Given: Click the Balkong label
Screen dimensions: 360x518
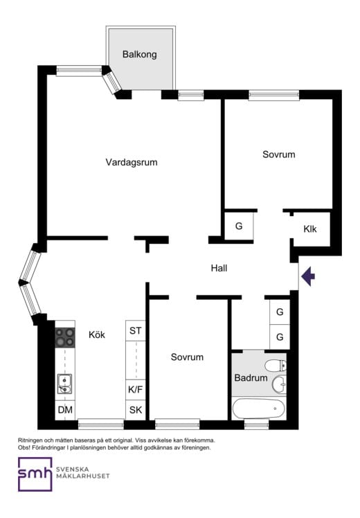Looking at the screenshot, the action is tap(139, 54).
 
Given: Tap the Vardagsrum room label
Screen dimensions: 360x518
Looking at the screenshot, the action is tap(132, 162).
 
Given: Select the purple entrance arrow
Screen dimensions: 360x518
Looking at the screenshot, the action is tap(308, 276).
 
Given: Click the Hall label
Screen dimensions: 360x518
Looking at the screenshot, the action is tap(219, 268).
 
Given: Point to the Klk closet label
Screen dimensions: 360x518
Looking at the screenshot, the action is tap(310, 229).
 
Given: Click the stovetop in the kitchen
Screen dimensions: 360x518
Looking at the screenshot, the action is tap(65, 337).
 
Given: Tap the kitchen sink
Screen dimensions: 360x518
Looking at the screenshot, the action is tap(65, 384).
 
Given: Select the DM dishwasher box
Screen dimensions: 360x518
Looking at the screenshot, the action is tap(65, 410).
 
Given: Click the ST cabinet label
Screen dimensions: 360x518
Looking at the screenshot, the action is tap(136, 331).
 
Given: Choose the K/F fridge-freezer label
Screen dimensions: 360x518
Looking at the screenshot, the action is tap(136, 389).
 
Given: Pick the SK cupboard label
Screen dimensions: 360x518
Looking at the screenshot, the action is tap(136, 410).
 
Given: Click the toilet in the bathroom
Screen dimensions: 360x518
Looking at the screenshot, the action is tap(276, 366).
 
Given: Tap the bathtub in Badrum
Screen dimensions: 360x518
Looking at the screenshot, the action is tap(259, 409).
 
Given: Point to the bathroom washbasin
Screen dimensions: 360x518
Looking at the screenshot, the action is tap(280, 384).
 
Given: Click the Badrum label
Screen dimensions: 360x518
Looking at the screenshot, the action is tap(251, 377).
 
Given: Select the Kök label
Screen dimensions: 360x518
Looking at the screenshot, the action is tap(97, 334).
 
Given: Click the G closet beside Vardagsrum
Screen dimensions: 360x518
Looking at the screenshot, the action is tap(239, 226).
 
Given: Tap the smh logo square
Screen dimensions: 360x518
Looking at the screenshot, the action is tap(35, 474).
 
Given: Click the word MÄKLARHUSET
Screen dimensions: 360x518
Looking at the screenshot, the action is tap(83, 476).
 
